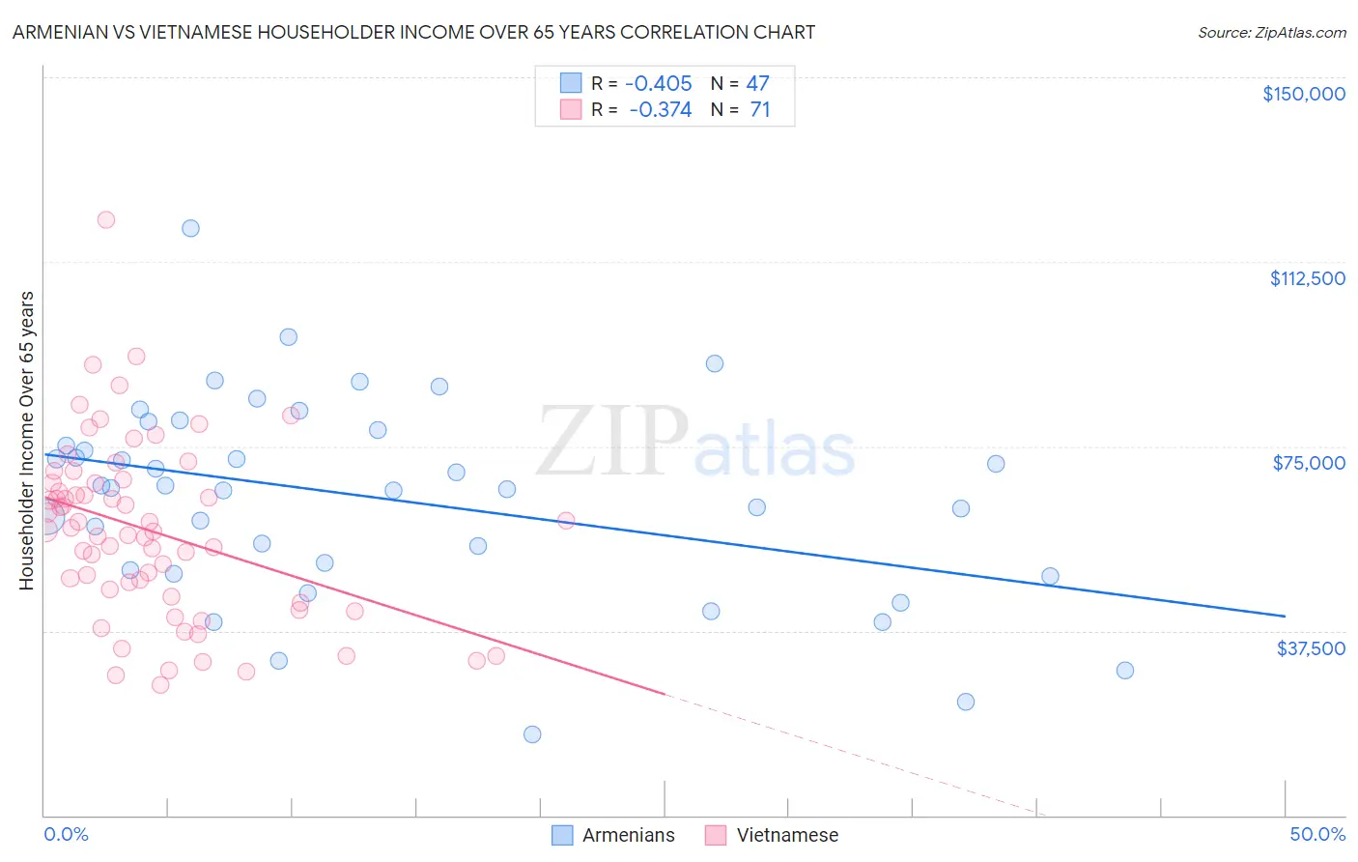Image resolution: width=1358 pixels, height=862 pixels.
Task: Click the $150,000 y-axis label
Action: (1303, 94)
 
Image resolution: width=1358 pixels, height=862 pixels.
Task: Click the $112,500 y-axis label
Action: (1307, 278)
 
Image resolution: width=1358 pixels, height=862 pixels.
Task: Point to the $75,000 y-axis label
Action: (1309, 463)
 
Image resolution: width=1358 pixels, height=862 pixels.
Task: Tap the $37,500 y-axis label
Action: (1311, 648)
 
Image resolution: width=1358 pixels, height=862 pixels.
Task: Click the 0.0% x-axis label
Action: (66, 835)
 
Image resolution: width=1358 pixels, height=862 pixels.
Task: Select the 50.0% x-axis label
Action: (1317, 835)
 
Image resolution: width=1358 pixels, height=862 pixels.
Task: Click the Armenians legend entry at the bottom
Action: (628, 836)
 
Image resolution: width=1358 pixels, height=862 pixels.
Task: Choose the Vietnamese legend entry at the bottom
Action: (787, 836)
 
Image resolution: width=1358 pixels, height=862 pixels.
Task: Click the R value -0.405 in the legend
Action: (659, 84)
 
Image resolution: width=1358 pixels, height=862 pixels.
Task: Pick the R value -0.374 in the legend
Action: (661, 110)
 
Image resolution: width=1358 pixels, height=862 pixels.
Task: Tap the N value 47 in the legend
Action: (757, 84)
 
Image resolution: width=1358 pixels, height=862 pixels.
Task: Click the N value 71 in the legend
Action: (760, 110)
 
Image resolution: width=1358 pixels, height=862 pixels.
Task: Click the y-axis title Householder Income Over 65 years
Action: (27, 441)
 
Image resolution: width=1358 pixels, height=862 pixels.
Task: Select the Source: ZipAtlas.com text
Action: (1271, 33)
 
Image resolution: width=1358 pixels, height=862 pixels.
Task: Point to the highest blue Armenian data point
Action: (190, 228)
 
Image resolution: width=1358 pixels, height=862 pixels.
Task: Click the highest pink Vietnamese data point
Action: (106, 219)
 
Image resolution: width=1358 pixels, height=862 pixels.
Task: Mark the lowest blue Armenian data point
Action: (532, 734)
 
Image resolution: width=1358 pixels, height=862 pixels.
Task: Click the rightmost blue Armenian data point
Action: (1124, 671)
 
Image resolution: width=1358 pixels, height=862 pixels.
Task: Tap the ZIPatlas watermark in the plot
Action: (695, 443)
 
